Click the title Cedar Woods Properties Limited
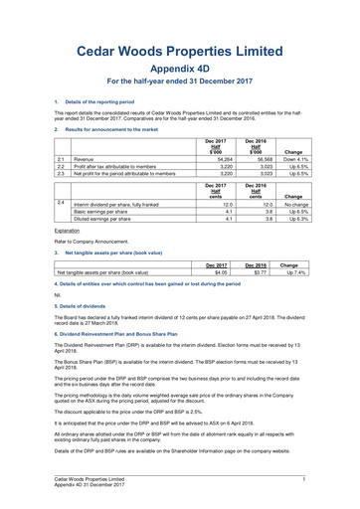pos(179,51)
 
